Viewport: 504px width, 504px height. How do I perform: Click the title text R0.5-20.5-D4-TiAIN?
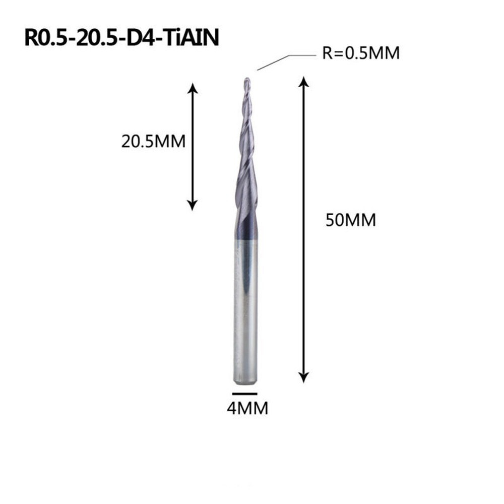pyautogui.click(x=121, y=38)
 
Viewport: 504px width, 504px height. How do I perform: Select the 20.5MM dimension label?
pyautogui.click(x=153, y=141)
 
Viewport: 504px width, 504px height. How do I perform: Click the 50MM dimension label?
pyautogui.click(x=350, y=220)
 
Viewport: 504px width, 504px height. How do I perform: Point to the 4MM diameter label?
pyautogui.click(x=247, y=408)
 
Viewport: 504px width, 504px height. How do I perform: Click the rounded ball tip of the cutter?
pyautogui.click(x=246, y=80)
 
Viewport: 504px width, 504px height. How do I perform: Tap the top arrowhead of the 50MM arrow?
pyautogui.click(x=303, y=82)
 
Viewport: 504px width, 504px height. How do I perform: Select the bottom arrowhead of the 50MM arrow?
pyautogui.click(x=303, y=377)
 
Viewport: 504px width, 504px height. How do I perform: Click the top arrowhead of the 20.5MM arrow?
pyautogui.click(x=192, y=89)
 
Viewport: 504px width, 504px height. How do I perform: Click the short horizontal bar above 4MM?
pyautogui.click(x=245, y=393)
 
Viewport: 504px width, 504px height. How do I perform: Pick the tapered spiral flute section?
pyautogui.click(x=245, y=151)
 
